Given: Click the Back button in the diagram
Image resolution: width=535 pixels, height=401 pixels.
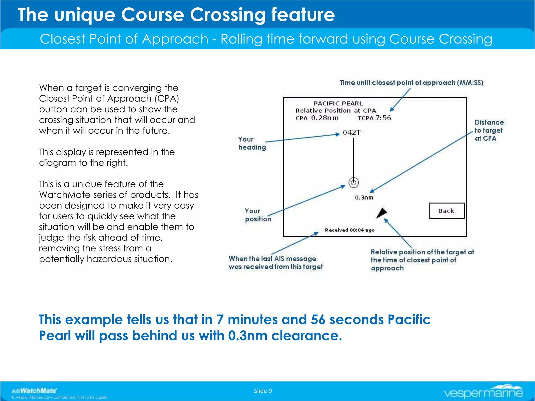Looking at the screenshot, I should tap(447, 211).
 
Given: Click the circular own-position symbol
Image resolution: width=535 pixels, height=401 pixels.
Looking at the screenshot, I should tap(353, 182).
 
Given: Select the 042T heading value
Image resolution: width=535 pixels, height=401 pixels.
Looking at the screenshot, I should tap(351, 133).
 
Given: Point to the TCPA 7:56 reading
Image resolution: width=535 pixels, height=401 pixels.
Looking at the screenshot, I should tap(374, 118).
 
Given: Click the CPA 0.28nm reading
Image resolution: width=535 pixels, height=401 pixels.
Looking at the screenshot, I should tap(317, 118).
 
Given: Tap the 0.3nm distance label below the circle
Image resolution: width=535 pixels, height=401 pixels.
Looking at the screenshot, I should tap(364, 198).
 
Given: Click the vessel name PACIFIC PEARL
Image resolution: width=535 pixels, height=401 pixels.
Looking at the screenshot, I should tap(338, 103).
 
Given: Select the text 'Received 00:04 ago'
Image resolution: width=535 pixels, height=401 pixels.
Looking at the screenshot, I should tap(350, 230).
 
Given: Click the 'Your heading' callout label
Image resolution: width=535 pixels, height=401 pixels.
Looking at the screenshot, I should tap(251, 143).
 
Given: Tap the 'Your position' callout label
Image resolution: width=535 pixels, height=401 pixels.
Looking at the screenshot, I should tap(257, 215).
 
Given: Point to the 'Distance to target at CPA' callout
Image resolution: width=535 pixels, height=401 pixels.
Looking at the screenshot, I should tap(489, 130).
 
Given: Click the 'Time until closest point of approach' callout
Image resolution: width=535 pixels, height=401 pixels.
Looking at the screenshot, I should tap(411, 83).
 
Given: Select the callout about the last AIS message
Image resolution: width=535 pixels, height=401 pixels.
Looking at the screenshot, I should tap(276, 263).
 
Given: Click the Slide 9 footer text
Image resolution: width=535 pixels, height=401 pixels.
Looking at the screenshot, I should tap(263, 391).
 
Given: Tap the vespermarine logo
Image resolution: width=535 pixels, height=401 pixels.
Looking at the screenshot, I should tap(483, 392).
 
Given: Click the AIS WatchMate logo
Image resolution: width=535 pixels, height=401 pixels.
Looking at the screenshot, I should tap(34, 391).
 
